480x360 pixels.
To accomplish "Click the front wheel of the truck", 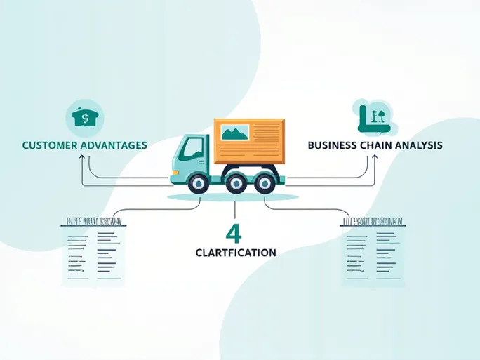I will pyautogui.click(x=198, y=184).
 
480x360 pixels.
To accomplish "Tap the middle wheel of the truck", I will pyautogui.click(x=236, y=184).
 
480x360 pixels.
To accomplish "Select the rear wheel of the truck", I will pyautogui.click(x=264, y=184).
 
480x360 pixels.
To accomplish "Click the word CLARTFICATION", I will pyautogui.click(x=235, y=252).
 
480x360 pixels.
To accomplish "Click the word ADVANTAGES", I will pyautogui.click(x=113, y=145).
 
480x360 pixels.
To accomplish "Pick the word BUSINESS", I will pyautogui.click(x=333, y=145).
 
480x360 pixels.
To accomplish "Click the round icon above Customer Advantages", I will pyautogui.click(x=82, y=117).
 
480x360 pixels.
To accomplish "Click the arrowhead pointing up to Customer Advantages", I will pyautogui.click(x=82, y=158).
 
